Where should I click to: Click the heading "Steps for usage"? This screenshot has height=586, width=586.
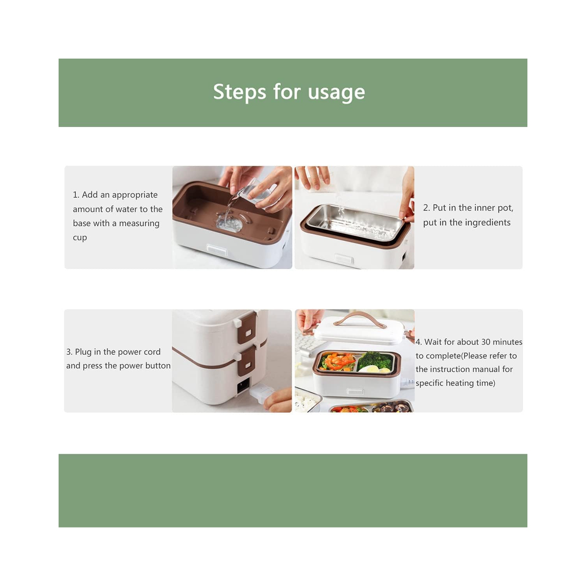(289, 92)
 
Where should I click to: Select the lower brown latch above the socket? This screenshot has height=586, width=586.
(247, 362)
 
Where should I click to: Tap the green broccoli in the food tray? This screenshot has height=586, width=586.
(374, 360)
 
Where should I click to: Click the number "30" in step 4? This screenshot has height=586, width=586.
(486, 342)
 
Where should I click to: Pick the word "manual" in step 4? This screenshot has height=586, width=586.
(486, 369)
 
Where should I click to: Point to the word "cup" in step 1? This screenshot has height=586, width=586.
(80, 238)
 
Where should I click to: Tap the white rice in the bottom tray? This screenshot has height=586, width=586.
(307, 402)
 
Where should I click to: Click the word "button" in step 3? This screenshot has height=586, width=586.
(158, 366)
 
